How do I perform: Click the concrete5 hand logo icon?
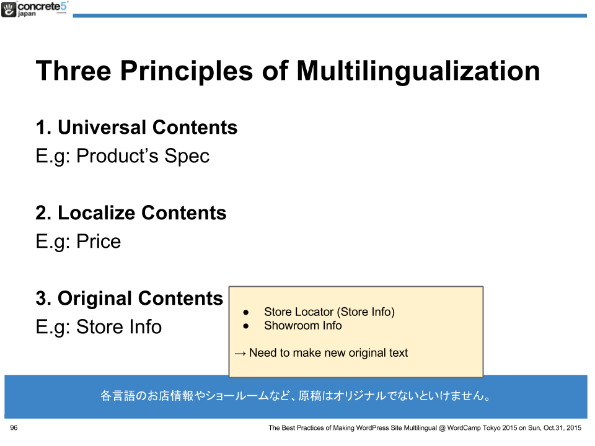pos(8,9)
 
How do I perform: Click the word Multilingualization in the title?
pos(418,71)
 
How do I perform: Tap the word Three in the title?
pos(74,71)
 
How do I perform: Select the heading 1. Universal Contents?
pos(136,127)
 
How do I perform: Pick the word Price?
pos(99,242)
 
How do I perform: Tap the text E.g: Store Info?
pos(99,327)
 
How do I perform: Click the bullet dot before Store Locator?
pos(246,312)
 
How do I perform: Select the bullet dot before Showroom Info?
pos(246,326)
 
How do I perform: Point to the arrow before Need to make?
pos(240,354)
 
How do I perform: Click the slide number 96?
pos(14,428)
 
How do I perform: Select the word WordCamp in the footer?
pos(464,428)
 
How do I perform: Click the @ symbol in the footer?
pos(442,428)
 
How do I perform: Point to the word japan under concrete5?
pos(27,14)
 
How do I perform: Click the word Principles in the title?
pos(187,71)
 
